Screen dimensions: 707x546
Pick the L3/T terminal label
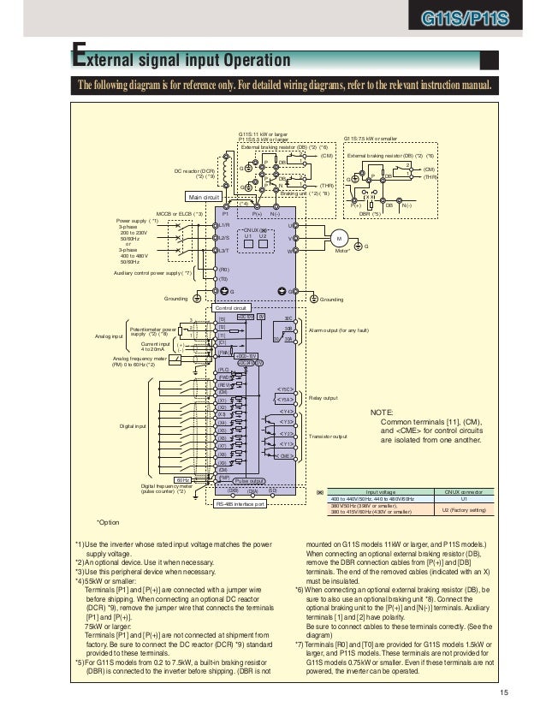[223, 251]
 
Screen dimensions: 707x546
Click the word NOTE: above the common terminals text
[383, 413]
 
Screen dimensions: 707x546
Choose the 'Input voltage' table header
[381, 493]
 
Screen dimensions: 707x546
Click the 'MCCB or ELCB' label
[180, 211]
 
